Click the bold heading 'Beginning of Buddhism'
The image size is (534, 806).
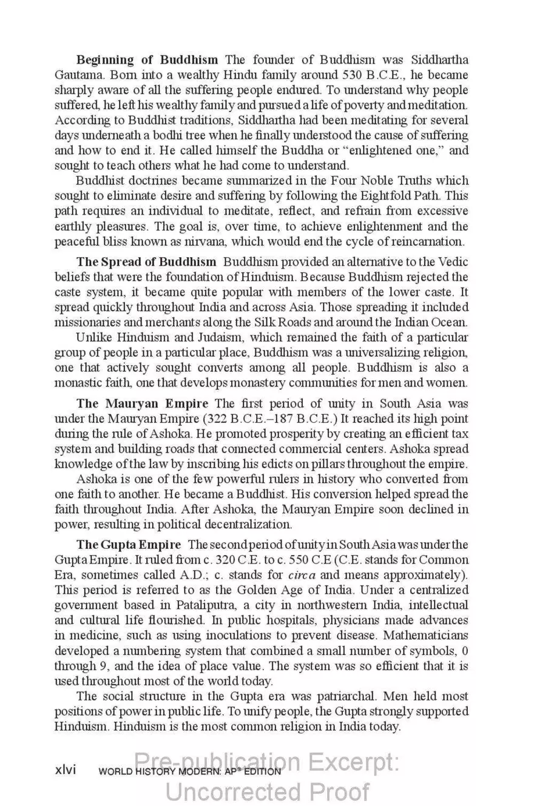(147, 60)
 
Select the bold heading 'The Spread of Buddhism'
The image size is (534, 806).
(146, 262)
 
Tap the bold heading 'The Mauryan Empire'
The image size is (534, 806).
(142, 403)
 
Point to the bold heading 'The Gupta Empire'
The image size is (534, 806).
(128, 544)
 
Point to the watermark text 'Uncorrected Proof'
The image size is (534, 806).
(267, 792)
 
